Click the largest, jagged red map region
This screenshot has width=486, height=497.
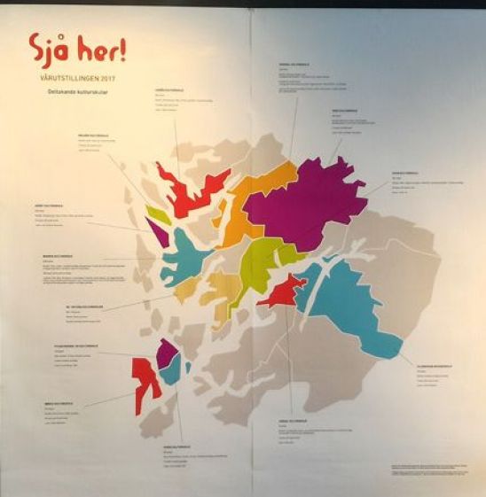pos(186,190)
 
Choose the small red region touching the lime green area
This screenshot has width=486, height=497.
pos(282,291)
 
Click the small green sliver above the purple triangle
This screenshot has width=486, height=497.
pos(158,214)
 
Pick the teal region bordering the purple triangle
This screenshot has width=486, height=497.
pos(182,257)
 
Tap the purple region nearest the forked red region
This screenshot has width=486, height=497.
pos(166,353)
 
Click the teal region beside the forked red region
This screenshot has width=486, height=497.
pos(171,369)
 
